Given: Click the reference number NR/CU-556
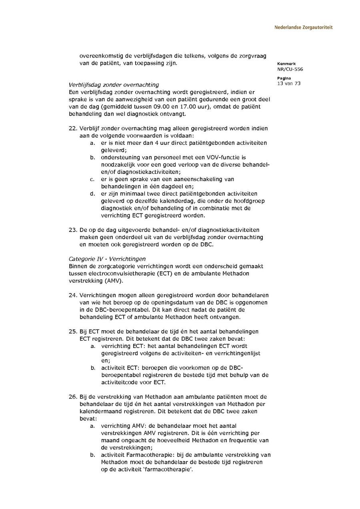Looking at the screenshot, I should tap(290, 69).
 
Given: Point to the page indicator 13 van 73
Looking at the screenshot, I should tap(288, 83).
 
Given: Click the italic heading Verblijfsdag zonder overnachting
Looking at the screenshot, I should tap(114, 85).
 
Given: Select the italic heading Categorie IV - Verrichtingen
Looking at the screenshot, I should tap(107, 259).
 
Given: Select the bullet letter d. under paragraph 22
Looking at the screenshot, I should tap(92, 194).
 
